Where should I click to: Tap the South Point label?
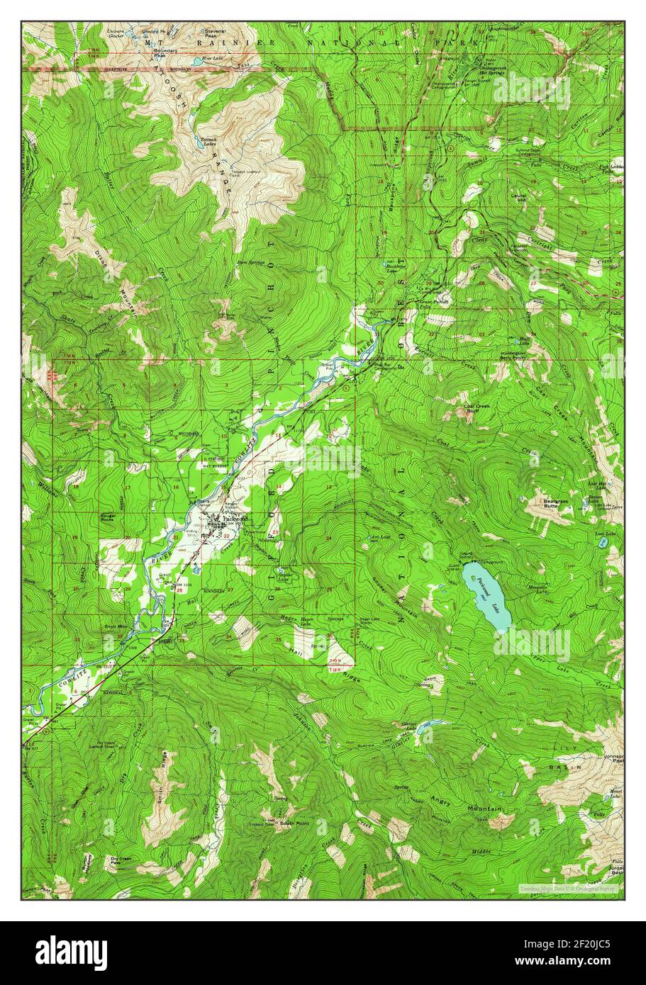click(x=294, y=823)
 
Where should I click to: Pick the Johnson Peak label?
click(x=613, y=759)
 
